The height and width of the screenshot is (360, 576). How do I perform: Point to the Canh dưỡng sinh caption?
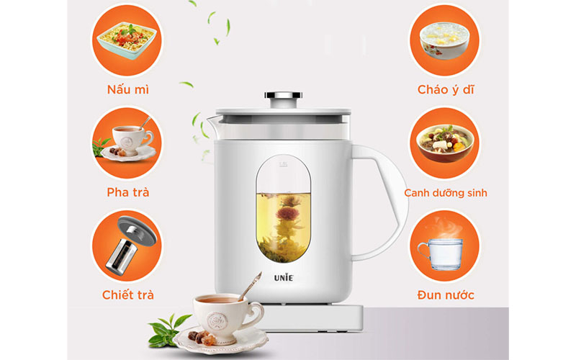[446, 193]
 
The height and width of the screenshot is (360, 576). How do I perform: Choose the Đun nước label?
[445, 294]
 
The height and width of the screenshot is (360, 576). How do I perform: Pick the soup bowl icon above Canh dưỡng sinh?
[445, 140]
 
